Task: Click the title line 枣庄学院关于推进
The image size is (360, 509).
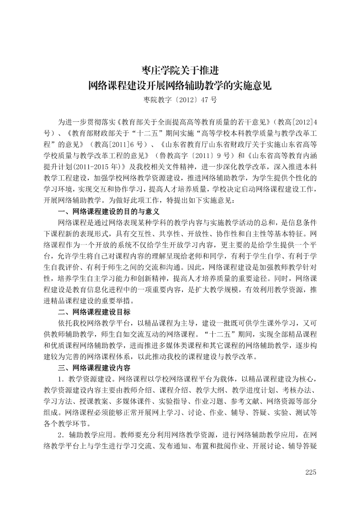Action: coord(180,71)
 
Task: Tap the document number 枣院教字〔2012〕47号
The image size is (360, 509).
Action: coord(180,100)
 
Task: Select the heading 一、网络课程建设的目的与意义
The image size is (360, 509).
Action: coord(109,211)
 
